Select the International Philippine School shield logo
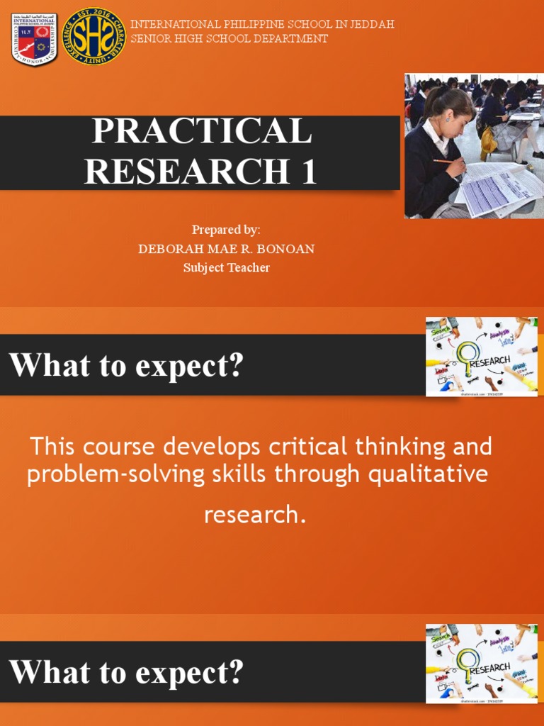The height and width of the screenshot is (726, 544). (x=34, y=40)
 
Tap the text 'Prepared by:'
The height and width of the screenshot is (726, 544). (x=226, y=230)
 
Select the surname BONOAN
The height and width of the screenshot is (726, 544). (x=288, y=249)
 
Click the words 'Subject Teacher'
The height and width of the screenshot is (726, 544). (x=226, y=267)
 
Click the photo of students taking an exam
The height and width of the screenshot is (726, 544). (x=474, y=145)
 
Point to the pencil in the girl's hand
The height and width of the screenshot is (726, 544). (x=447, y=162)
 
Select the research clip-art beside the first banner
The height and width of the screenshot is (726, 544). (x=481, y=357)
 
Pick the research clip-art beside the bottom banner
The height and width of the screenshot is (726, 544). (x=481, y=664)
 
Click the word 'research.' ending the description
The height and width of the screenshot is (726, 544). (x=255, y=515)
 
